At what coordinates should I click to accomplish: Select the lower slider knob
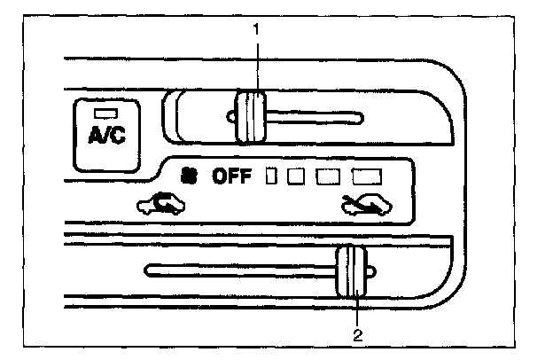[x=353, y=273]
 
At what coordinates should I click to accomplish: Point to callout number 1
[x=256, y=29]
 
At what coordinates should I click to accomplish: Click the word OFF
[x=232, y=176]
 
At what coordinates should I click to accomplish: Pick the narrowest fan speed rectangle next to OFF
[x=273, y=176]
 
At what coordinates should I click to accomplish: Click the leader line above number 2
[x=357, y=310]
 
